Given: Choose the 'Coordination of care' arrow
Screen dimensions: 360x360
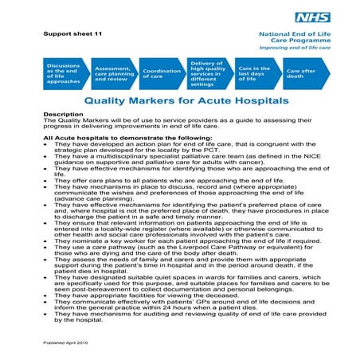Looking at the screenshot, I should (x=161, y=73).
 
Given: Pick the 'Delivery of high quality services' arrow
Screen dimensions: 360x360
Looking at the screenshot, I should (x=208, y=73).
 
